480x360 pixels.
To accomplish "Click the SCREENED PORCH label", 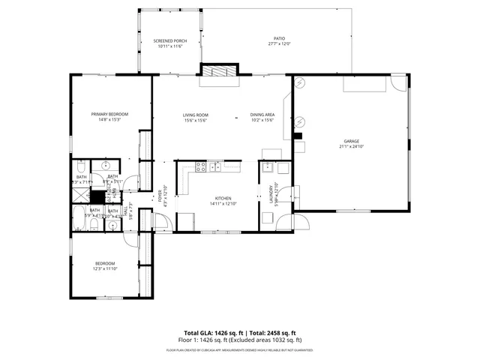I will click(170, 40).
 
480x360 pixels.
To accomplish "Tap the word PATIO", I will click(278, 37).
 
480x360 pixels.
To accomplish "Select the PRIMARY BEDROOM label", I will click(106, 114).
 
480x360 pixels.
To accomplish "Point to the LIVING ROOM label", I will click(195, 115).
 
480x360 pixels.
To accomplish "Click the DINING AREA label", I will click(262, 115).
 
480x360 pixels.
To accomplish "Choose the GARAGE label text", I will click(352, 141).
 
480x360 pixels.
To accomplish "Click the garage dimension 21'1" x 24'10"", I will click(352, 147).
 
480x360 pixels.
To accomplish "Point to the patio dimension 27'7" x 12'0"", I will click(278, 43).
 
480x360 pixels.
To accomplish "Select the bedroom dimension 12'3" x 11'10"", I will click(105, 269).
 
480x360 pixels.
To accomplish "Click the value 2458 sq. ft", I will click(280, 333).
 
